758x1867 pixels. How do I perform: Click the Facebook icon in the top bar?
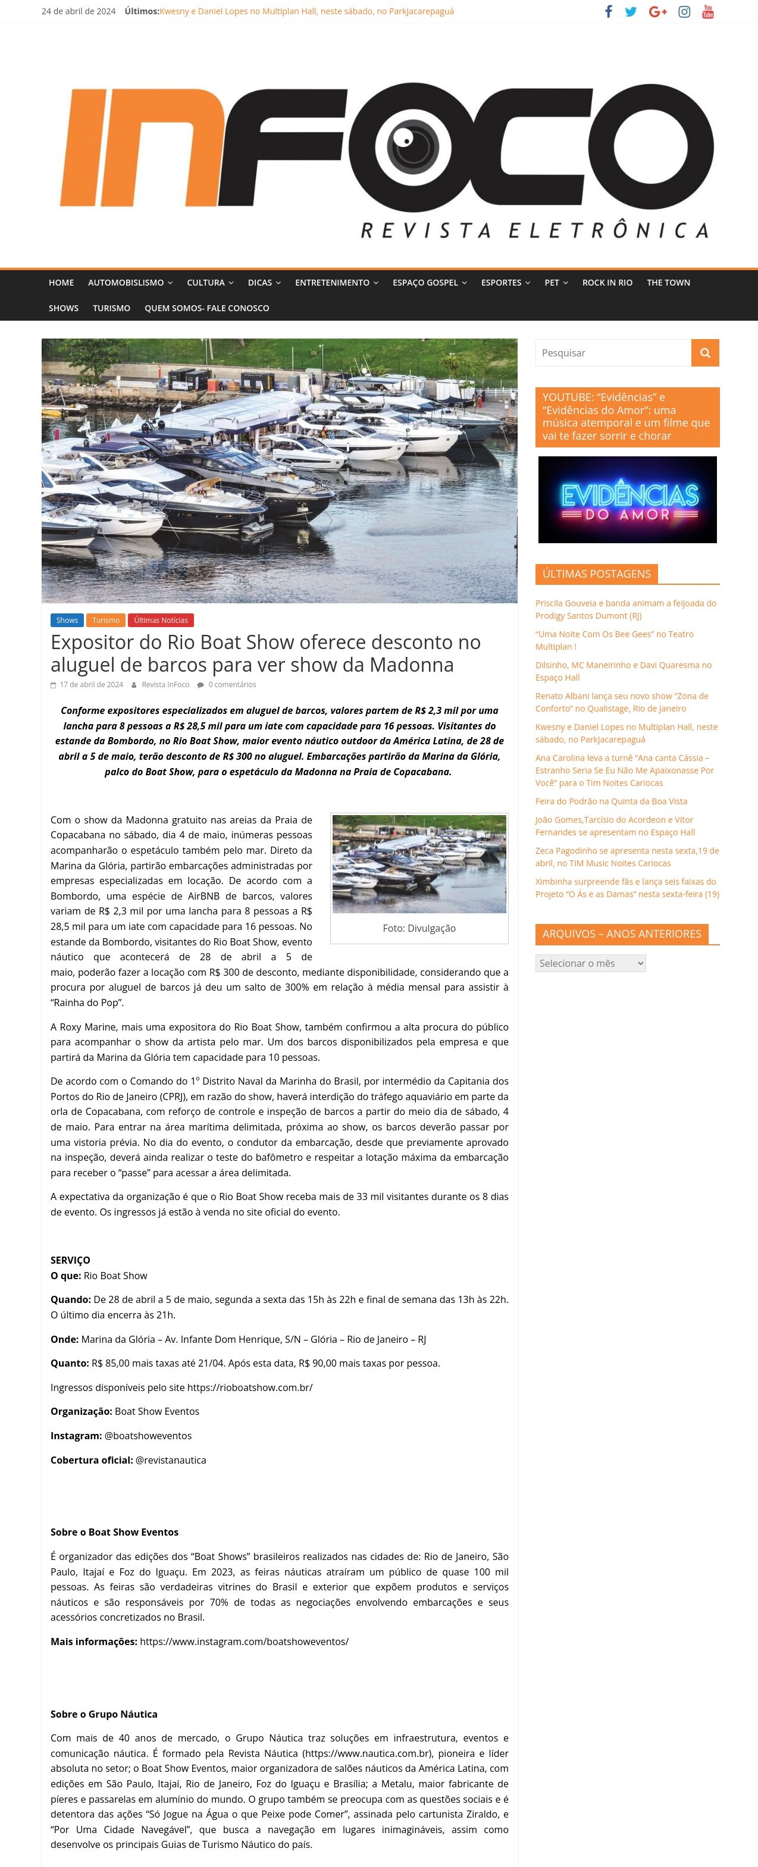[609, 11]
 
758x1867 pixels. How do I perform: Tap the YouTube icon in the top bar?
[708, 11]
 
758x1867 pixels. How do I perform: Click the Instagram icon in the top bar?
[684, 11]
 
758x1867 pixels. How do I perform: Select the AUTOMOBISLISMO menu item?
[130, 283]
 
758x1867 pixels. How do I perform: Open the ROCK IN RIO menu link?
[607, 283]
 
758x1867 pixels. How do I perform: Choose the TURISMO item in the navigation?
[112, 308]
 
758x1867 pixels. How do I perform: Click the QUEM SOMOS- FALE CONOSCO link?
[206, 308]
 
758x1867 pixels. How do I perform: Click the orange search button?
[705, 353]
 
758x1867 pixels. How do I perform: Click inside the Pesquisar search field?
[612, 353]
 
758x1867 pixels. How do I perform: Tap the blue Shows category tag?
[67, 621]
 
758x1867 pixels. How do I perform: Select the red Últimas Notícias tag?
[161, 621]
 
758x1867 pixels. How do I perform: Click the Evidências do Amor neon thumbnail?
[627, 499]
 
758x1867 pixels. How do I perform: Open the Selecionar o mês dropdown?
[590, 963]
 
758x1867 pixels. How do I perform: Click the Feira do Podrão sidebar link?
[611, 801]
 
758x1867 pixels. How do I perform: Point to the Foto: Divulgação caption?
[419, 928]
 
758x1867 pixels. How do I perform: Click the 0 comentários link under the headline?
[232, 684]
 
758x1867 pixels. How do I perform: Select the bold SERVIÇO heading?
[70, 1260]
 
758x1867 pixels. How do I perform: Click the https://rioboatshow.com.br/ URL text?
[249, 1387]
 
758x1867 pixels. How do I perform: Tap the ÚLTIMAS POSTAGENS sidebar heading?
[596, 574]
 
